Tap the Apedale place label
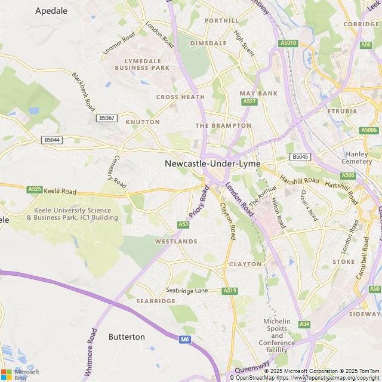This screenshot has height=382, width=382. (51, 10)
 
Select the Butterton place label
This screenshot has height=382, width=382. (127, 337)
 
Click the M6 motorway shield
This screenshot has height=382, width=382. (184, 340)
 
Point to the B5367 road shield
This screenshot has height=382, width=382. (106, 118)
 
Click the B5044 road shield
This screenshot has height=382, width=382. (52, 140)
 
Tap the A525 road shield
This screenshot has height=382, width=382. (35, 189)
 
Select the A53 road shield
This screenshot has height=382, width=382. (183, 224)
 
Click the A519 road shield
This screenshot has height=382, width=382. (230, 291)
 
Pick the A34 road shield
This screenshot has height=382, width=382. (305, 324)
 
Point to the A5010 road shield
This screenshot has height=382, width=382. (288, 43)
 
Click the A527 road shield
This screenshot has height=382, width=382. (249, 102)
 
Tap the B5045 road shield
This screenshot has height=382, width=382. (300, 157)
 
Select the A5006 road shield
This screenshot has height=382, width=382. (369, 130)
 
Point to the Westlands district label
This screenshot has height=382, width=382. (176, 241)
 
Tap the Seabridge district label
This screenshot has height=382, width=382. (156, 301)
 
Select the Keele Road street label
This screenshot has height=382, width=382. (60, 192)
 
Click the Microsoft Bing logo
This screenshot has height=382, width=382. (20, 374)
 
